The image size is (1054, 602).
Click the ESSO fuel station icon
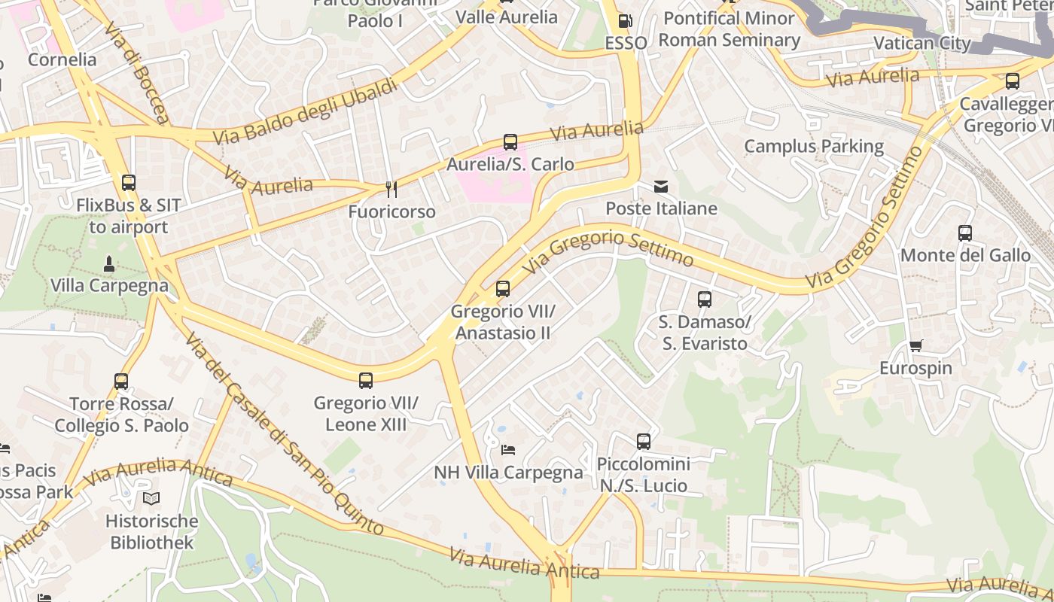click(x=625, y=21)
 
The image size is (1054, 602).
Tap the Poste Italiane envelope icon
click(x=661, y=187)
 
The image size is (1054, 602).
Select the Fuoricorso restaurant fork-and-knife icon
click(x=391, y=189)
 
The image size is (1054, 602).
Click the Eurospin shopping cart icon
click(x=915, y=346)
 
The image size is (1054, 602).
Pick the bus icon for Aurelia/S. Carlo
click(x=510, y=141)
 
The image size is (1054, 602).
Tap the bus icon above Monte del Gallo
click(x=965, y=233)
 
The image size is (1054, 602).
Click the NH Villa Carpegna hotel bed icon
click(x=508, y=450)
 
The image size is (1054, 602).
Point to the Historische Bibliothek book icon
click(x=151, y=498)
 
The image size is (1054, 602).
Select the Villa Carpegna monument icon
click(x=109, y=263)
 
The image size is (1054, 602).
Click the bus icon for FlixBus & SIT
click(x=129, y=182)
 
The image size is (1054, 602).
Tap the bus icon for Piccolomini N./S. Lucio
click(x=643, y=441)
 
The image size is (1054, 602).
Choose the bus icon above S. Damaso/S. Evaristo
click(x=705, y=299)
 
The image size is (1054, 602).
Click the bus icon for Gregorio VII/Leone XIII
click(x=366, y=381)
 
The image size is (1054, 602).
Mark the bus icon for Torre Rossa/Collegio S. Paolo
click(x=121, y=382)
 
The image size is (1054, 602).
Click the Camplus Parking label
click(x=814, y=146)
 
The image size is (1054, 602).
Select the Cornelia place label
click(x=62, y=59)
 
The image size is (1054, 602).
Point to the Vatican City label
click(x=921, y=43)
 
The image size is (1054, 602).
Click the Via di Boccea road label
click(x=137, y=72)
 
